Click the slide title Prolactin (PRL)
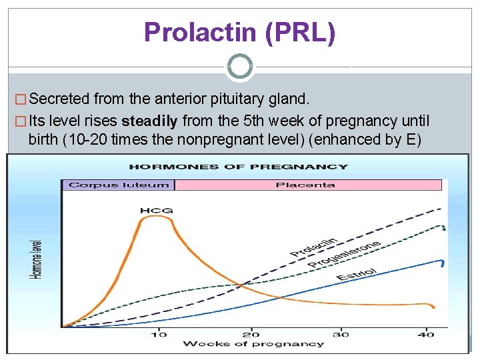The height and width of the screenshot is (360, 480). click(x=239, y=33)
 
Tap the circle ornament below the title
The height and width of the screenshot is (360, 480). click(x=240, y=67)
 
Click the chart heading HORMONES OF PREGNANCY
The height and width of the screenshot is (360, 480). click(x=238, y=167)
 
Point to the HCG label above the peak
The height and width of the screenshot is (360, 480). click(x=156, y=211)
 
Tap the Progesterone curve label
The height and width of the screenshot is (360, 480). click(x=344, y=254)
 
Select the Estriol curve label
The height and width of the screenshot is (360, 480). click(x=357, y=273)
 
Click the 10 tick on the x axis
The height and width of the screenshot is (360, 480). click(x=159, y=333)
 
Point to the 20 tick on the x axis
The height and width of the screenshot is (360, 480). click(x=251, y=333)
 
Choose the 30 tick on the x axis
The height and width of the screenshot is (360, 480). click(x=341, y=333)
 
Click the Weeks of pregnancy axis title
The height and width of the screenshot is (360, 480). click(x=253, y=344)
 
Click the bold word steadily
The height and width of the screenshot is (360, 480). click(x=150, y=121)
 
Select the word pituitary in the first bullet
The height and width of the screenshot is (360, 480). click(x=239, y=99)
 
